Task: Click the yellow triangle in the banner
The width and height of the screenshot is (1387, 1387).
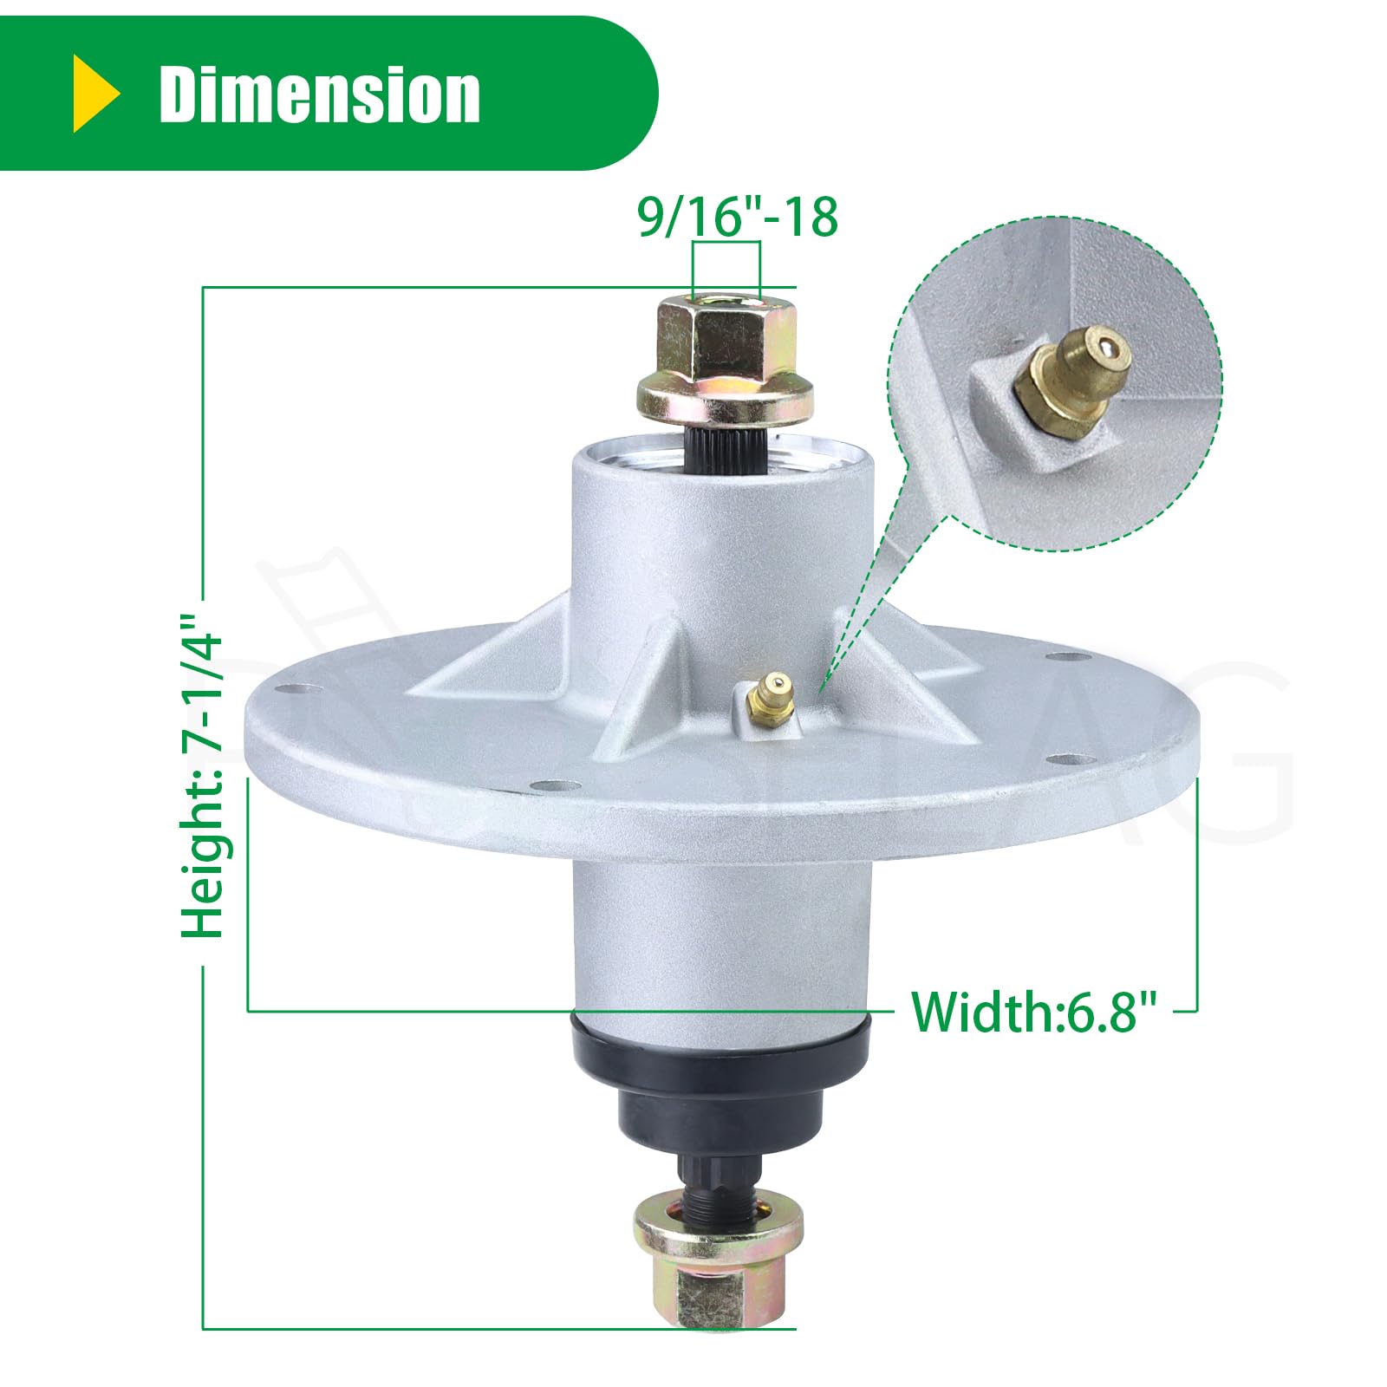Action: [94, 94]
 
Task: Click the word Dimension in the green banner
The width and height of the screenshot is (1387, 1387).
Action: [319, 94]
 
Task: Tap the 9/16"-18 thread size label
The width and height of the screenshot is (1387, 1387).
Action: [738, 217]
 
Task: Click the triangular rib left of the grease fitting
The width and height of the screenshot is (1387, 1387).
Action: [650, 693]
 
